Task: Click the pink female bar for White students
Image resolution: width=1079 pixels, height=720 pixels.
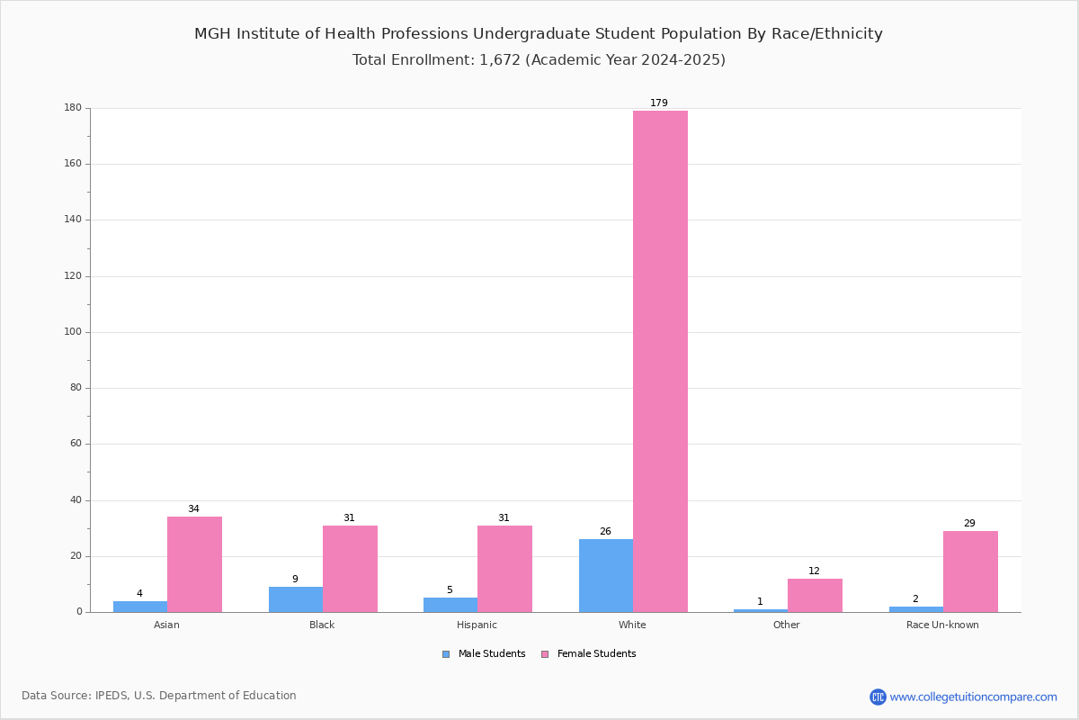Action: tap(660, 361)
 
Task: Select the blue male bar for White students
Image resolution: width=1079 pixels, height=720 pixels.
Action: tap(606, 576)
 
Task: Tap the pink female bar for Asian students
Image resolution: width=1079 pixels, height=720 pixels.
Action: tap(194, 564)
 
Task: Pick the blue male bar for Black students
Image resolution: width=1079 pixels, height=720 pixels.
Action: tap(296, 599)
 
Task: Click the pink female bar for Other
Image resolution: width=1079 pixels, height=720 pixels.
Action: tap(815, 596)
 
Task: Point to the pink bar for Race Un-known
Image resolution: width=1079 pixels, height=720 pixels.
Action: tap(970, 571)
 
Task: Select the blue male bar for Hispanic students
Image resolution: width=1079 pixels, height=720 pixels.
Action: tap(450, 605)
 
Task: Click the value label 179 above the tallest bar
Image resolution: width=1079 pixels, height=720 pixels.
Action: tap(659, 103)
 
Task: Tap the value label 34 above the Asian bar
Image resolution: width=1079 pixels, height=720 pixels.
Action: tap(193, 508)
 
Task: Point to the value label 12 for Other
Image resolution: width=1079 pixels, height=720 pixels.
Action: tap(814, 571)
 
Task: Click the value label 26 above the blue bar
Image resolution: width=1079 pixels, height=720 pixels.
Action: tap(605, 531)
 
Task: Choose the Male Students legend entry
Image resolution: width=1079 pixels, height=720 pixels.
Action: tap(484, 654)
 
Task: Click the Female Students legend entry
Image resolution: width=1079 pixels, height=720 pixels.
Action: tap(589, 654)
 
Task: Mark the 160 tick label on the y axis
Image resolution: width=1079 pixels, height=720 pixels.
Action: tap(73, 164)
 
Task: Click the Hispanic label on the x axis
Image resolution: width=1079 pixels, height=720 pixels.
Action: tap(477, 625)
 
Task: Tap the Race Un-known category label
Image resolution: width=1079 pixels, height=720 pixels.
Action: tap(942, 625)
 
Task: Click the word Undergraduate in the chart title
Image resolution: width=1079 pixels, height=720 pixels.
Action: tap(531, 34)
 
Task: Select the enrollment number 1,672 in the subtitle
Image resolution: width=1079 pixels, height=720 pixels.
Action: tap(500, 60)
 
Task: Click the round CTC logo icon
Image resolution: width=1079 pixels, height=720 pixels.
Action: tap(878, 697)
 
